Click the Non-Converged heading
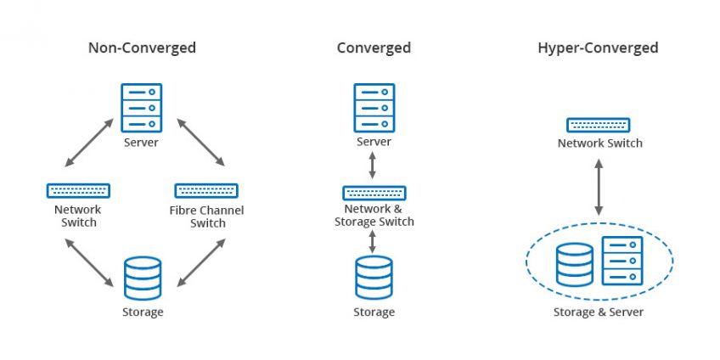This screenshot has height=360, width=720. [142, 48]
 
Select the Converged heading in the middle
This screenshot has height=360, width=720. [374, 48]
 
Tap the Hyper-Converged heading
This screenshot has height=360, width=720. [598, 48]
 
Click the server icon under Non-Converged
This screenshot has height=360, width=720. [141, 105]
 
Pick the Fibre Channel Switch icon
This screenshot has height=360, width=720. [206, 190]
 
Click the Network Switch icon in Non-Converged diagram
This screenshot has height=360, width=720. [78, 190]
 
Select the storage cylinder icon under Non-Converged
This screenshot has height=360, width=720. [142, 278]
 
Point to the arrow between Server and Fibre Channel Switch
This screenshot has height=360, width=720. [200, 143]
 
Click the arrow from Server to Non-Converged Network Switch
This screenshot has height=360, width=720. [89, 143]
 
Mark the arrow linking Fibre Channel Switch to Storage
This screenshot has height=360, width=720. [201, 262]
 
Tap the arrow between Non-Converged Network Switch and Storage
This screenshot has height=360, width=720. [89, 262]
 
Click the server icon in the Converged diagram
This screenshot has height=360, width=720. [374, 105]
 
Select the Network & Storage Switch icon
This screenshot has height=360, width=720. [374, 193]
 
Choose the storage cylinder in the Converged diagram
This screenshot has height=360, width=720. [374, 278]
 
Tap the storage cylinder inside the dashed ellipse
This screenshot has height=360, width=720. [575, 265]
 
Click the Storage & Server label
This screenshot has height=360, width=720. [598, 312]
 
